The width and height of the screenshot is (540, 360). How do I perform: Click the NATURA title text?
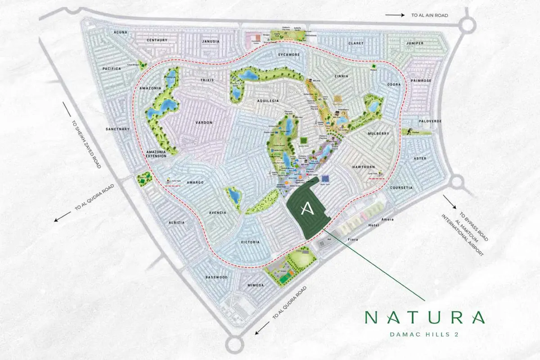coord(425,318)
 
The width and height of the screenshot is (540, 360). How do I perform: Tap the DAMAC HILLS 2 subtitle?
coord(425,335)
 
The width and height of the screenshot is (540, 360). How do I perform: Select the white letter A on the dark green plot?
coord(306,208)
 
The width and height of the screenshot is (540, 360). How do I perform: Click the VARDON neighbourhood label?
coord(204,122)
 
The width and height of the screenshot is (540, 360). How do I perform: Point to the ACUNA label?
coord(121,32)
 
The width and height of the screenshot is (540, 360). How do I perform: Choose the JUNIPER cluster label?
coord(414,43)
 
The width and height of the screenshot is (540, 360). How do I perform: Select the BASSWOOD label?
coord(216,277)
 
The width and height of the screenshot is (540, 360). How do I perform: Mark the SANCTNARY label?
coord(117,129)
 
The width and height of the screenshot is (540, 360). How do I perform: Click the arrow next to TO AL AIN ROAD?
coord(395,15)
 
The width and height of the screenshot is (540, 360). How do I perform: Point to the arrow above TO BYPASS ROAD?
coord(450,202)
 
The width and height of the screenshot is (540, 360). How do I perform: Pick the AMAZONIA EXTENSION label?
coord(157,155)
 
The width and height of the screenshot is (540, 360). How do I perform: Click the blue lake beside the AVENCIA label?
coord(234,195)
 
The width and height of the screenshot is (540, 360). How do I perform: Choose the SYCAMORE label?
coord(288,54)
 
